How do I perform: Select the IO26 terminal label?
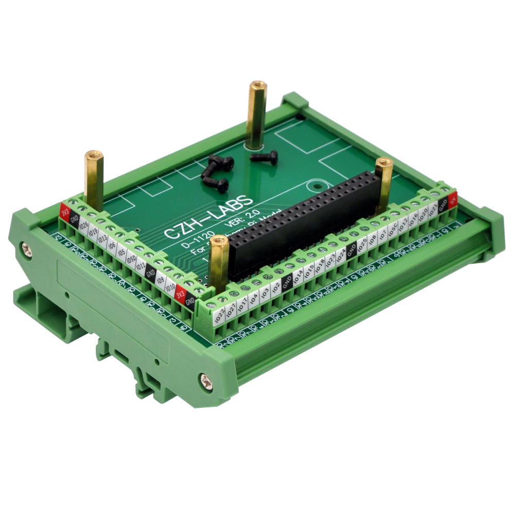[x=84, y=226]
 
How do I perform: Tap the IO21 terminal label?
[x=433, y=209]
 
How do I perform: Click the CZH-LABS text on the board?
[x=208, y=217]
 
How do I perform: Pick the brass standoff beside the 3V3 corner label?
[x=94, y=178]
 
